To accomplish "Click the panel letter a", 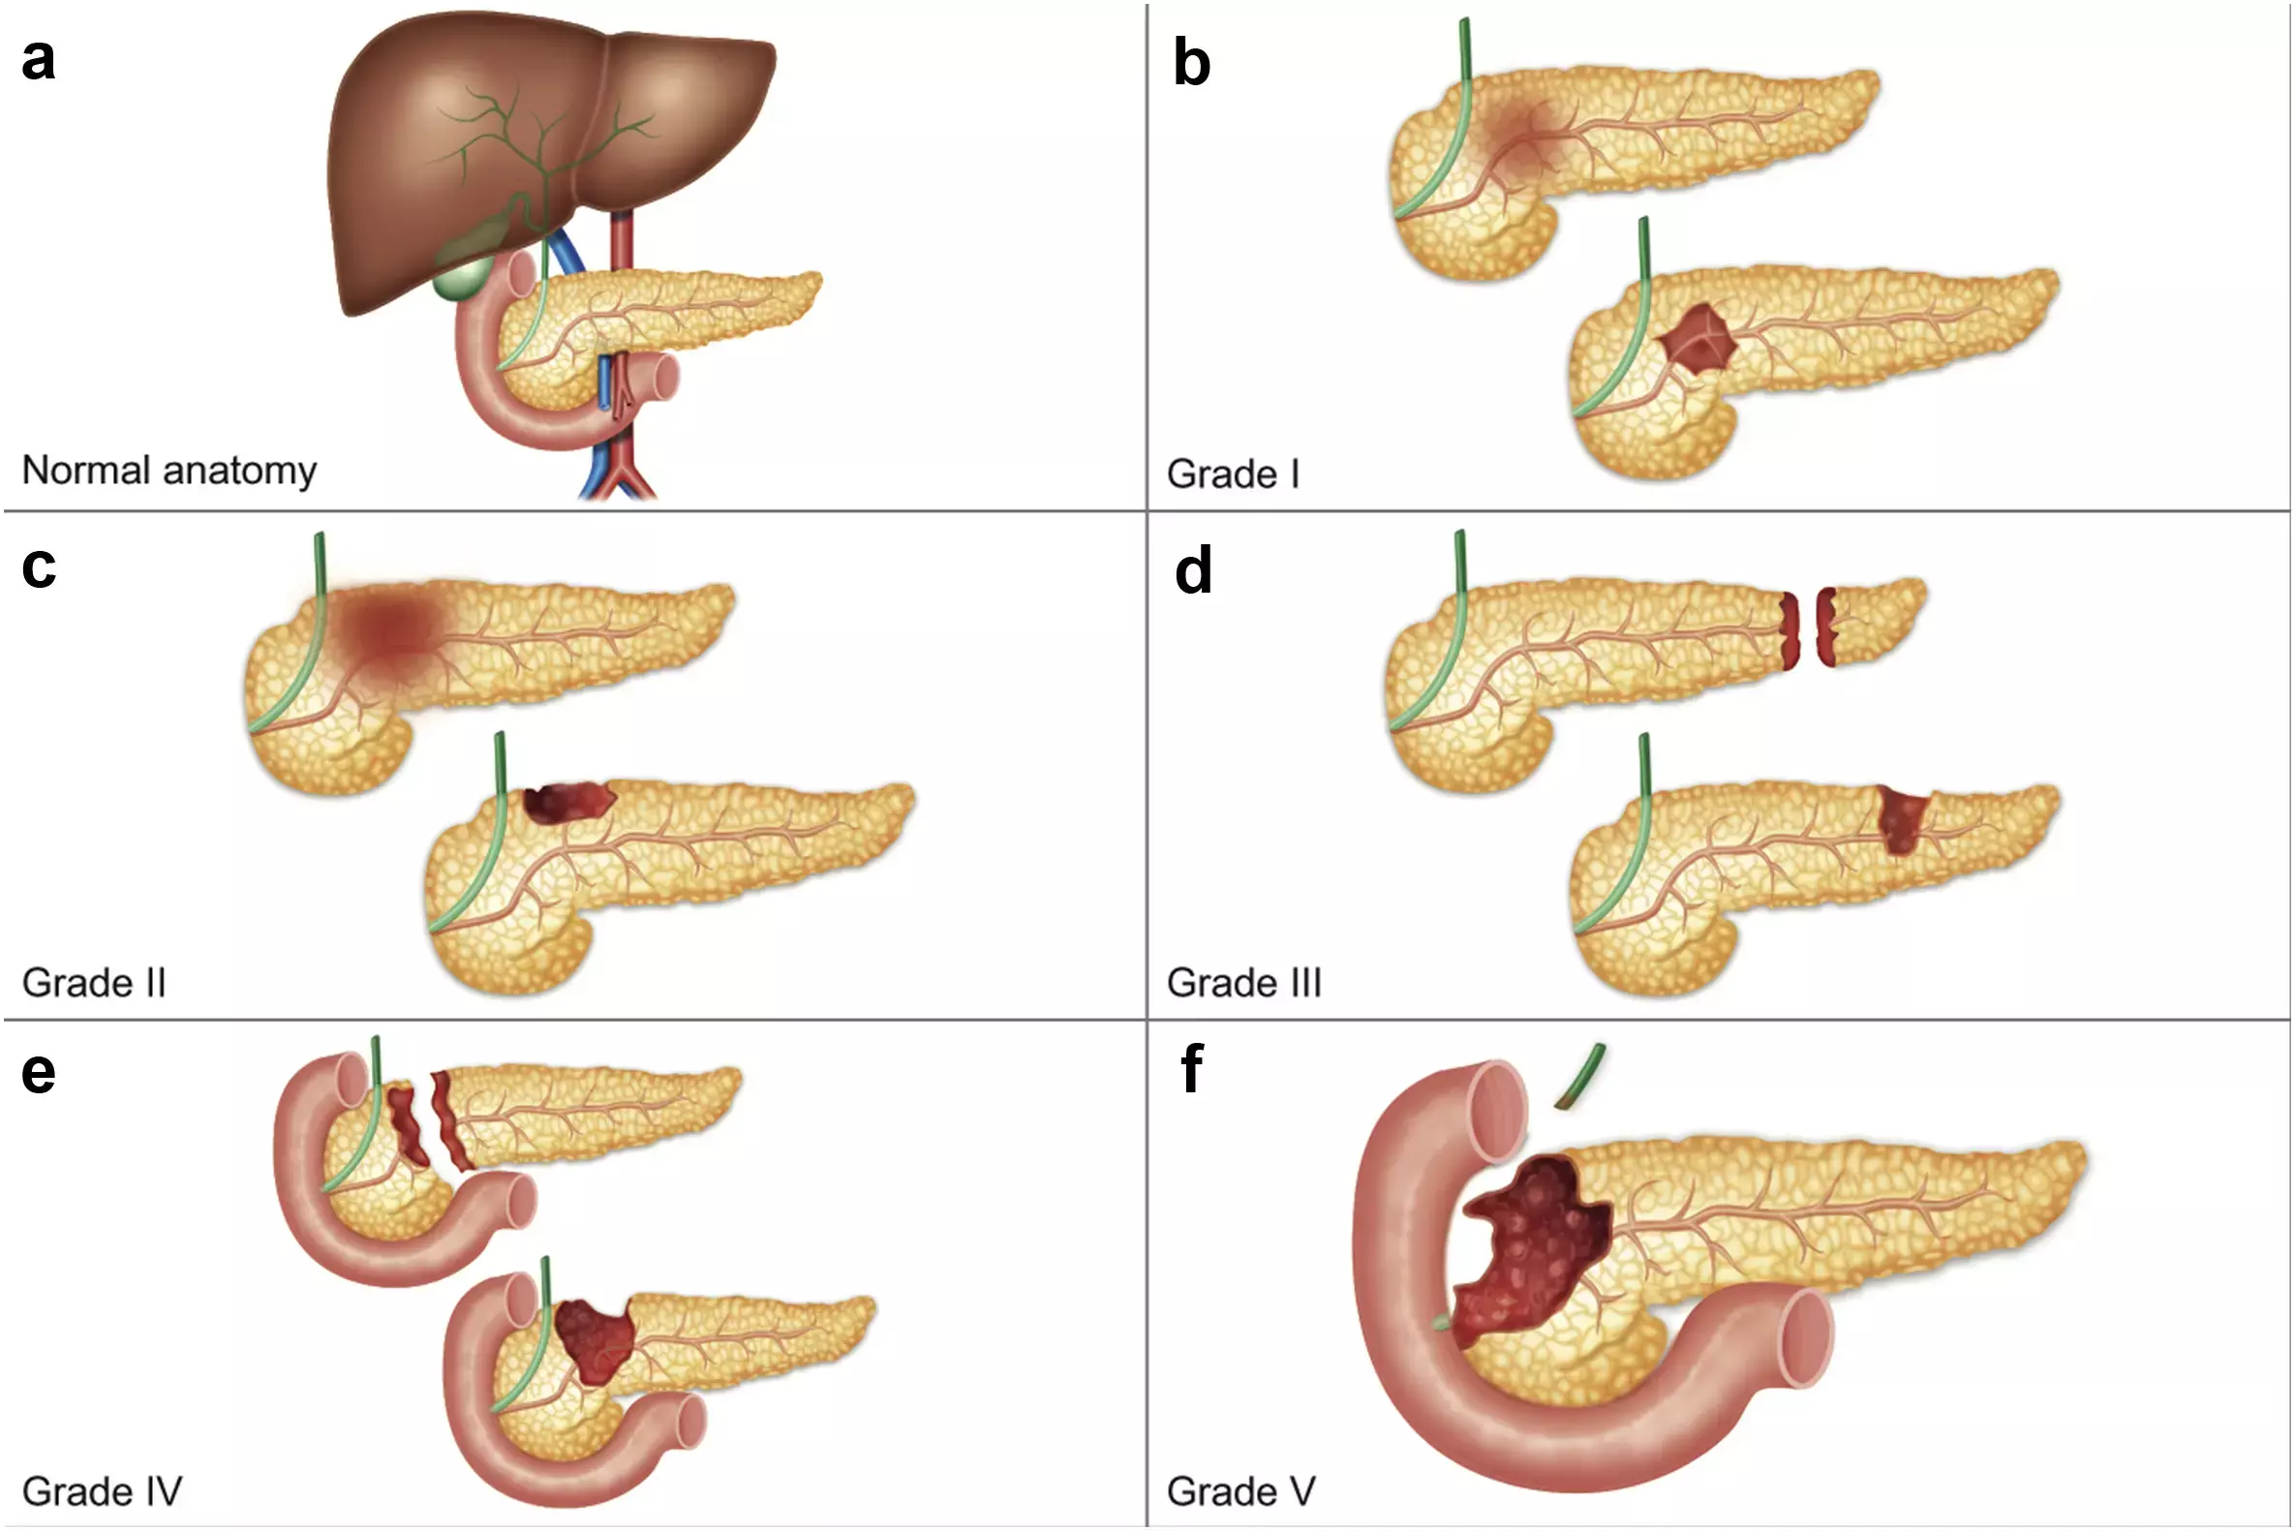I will point(38,58).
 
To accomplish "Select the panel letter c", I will point(38,567).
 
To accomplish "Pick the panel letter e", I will point(38,1073).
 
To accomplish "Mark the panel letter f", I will point(1191,1069).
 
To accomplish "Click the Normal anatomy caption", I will point(168,471).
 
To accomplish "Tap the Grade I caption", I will point(1232,475).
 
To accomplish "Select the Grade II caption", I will point(94,983).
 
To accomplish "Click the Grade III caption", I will point(1243,983).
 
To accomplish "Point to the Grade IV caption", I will point(102,1492).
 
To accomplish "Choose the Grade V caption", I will point(1240,1492).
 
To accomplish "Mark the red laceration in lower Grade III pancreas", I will point(1902,818).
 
